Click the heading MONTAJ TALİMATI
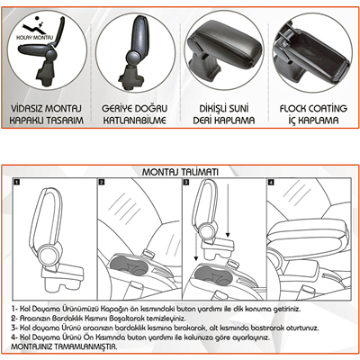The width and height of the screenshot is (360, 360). pyautogui.click(x=180, y=171)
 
